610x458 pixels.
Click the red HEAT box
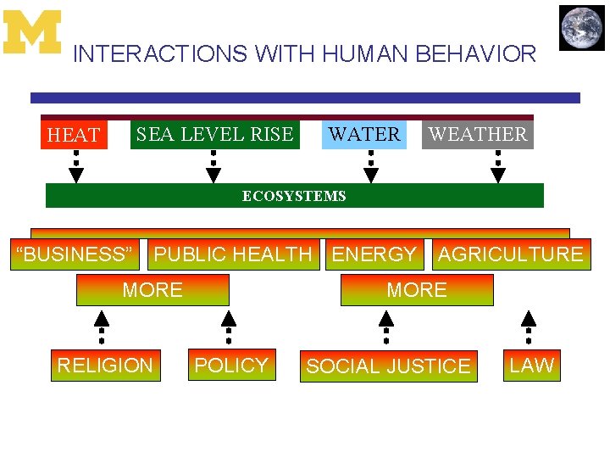tap(75, 135)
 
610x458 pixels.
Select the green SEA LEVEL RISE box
tap(214, 134)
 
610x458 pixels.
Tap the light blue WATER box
tap(364, 134)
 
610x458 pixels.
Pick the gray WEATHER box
tap(478, 134)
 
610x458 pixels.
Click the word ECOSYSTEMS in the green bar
tap(294, 196)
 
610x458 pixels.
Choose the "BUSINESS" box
tap(75, 254)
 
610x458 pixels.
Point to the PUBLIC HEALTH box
tap(233, 254)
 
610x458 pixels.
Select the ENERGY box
tap(374, 254)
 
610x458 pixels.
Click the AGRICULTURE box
tap(510, 254)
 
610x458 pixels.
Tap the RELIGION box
tap(105, 366)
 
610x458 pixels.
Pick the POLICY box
tap(230, 366)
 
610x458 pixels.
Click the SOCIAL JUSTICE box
tap(388, 366)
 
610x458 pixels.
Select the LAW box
tap(531, 366)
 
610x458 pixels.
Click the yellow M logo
tap(32, 32)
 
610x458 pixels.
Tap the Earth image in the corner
tap(582, 28)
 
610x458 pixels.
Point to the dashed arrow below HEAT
tap(76, 166)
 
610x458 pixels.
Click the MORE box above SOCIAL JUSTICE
tap(416, 290)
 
